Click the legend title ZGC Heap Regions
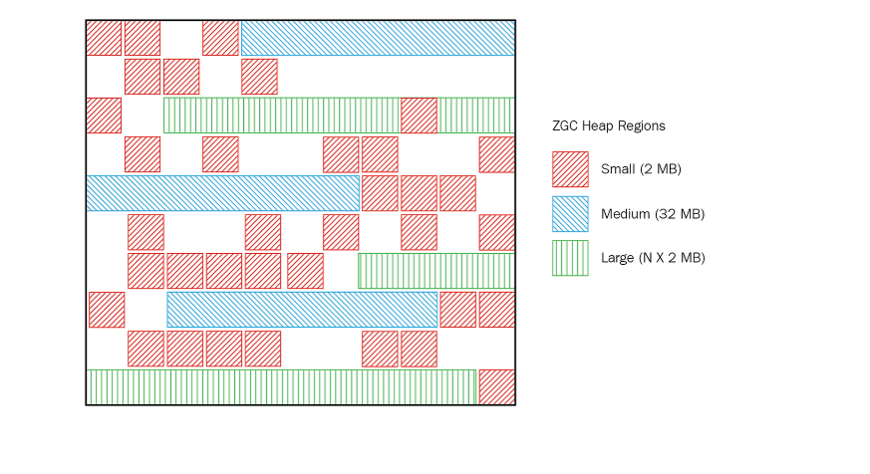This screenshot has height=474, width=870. click(x=608, y=126)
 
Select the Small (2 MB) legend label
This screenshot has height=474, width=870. click(x=641, y=169)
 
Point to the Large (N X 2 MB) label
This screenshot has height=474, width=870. click(x=653, y=258)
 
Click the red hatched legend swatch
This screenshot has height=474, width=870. click(x=570, y=169)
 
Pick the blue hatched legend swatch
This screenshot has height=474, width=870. click(x=570, y=213)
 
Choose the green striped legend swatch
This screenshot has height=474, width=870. click(x=570, y=258)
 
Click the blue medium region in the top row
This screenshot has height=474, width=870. click(x=377, y=38)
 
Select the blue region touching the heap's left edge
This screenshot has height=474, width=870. click(x=222, y=193)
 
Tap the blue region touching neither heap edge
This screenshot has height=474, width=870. click(x=302, y=310)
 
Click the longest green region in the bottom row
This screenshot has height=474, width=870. click(x=281, y=386)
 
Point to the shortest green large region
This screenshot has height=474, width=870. click(x=475, y=116)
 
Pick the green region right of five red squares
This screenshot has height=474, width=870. click(x=435, y=271)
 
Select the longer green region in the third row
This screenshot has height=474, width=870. click(x=281, y=116)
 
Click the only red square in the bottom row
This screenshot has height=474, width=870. click(x=496, y=386)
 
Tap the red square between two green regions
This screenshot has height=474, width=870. click(x=419, y=116)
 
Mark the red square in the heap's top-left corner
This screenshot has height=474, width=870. click(x=104, y=38)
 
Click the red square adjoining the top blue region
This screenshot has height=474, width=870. click(x=220, y=38)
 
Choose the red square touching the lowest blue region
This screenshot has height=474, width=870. click(x=457, y=310)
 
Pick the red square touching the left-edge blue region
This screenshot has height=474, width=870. click(x=380, y=193)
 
